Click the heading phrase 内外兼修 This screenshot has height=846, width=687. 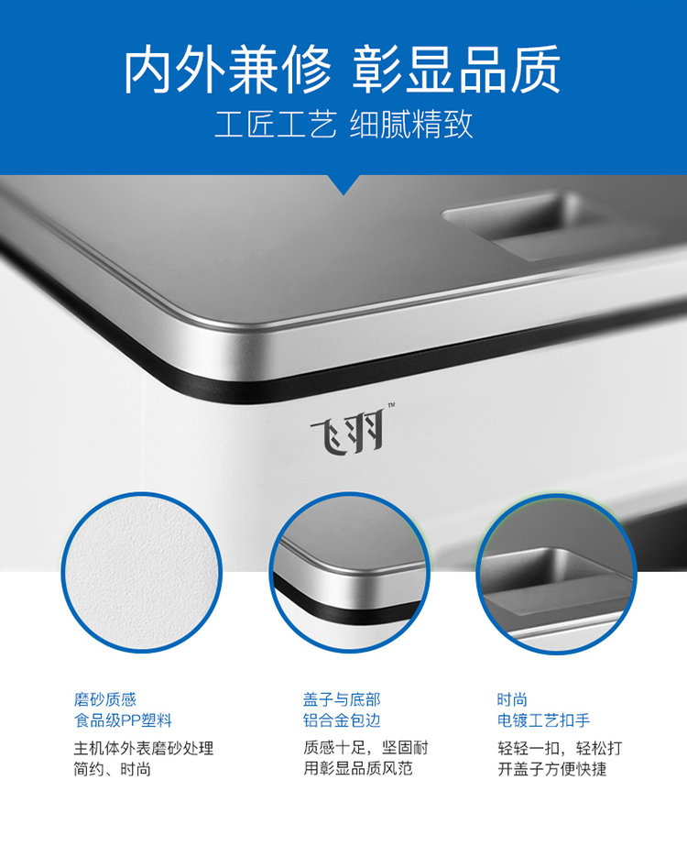pyautogui.click(x=227, y=70)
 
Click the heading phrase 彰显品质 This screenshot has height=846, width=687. pyautogui.click(x=456, y=70)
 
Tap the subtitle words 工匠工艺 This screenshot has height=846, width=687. pyautogui.click(x=276, y=124)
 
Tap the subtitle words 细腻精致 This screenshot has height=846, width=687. pyautogui.click(x=411, y=124)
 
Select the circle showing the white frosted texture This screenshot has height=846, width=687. pyautogui.click(x=141, y=573)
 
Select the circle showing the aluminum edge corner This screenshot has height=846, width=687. pyautogui.click(x=349, y=573)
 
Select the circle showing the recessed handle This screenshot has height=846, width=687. pyautogui.click(x=557, y=574)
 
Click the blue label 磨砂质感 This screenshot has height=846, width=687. pyautogui.click(x=105, y=699)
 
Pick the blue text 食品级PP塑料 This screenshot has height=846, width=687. pyautogui.click(x=123, y=720)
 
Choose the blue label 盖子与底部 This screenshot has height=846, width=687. pyautogui.click(x=342, y=699)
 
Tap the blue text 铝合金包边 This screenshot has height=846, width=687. pyautogui.click(x=342, y=720)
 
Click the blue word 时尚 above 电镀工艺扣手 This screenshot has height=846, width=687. pyautogui.click(x=512, y=699)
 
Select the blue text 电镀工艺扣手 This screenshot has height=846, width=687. pyautogui.click(x=543, y=720)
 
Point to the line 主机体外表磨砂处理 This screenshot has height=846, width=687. pyautogui.click(x=144, y=748)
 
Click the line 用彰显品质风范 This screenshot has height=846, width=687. pyautogui.click(x=358, y=768)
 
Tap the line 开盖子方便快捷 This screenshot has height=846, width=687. pyautogui.click(x=552, y=769)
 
